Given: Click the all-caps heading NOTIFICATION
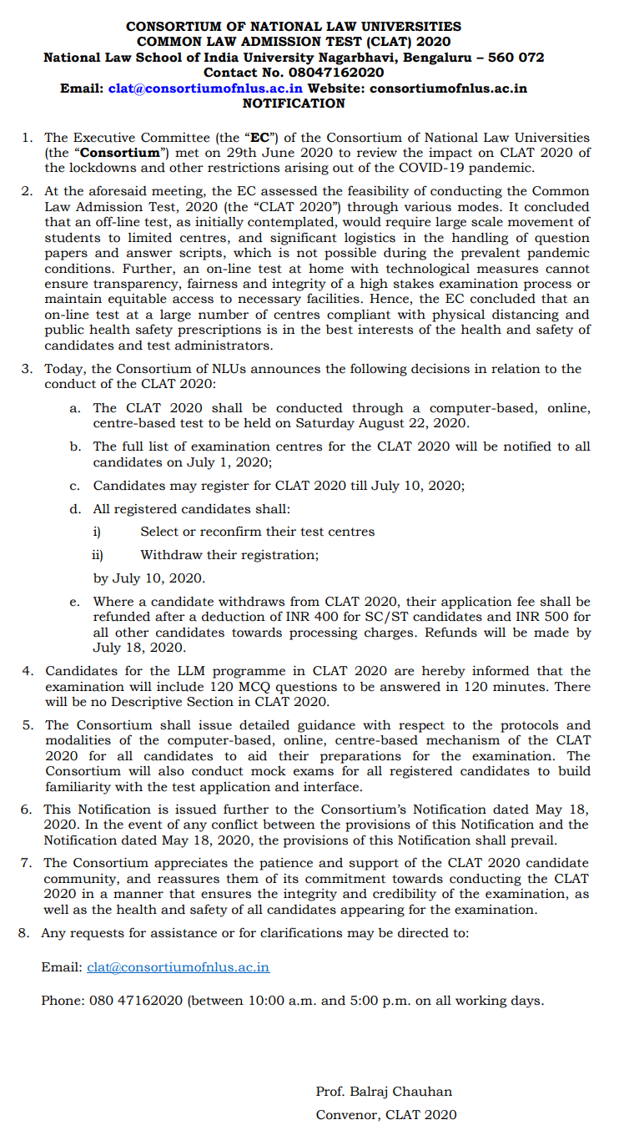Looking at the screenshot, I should (294, 103).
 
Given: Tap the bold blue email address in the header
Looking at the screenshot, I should (206, 88).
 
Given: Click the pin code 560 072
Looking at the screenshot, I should (515, 58).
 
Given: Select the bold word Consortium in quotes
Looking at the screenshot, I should (120, 153).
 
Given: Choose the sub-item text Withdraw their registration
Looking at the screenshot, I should (229, 554).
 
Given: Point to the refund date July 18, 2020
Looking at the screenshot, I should (139, 648).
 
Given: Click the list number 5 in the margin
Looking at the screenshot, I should (27, 725).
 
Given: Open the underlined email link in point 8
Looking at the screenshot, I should (178, 967).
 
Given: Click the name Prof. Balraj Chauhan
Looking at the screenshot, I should (384, 1092).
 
